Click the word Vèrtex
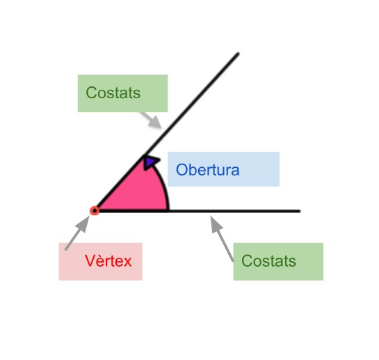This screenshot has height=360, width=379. coord(108,260)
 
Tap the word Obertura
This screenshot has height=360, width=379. coord(208,169)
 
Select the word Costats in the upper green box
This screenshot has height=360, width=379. coord(113,93)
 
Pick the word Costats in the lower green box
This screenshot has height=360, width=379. coord(268,260)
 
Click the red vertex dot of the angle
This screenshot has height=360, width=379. coord(95,210)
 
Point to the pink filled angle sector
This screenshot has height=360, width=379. coord(136,191)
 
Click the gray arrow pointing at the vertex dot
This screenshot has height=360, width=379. coord(77,233)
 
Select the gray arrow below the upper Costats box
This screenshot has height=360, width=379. coord(151,120)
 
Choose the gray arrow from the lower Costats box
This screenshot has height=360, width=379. coord(222,238)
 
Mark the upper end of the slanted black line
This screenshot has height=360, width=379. coord(238,54)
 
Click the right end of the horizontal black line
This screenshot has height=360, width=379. coord(300,211)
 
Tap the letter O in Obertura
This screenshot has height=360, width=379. coord(182,169)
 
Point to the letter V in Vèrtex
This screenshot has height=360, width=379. coord(90,260)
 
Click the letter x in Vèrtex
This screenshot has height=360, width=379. coord(127,263)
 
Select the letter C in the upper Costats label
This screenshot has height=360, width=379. coord(92,93)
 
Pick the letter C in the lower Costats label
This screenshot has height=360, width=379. coord(248,260)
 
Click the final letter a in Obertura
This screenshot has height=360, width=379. coord(235,171)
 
